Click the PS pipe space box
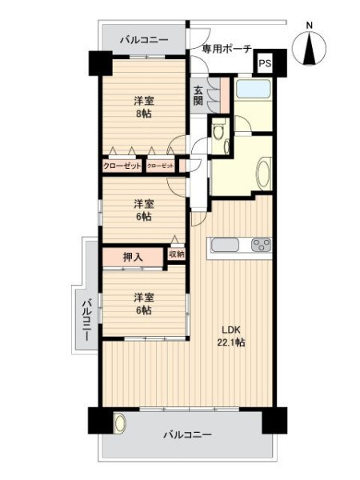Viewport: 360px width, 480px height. [265, 64]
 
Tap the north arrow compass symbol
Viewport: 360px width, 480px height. [309, 49]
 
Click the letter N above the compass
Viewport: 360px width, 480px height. [310, 26]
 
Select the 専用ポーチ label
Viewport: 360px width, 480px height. [227, 49]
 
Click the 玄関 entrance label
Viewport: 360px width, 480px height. [198, 95]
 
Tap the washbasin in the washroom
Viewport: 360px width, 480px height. [264, 174]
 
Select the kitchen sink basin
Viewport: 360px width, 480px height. [225, 245]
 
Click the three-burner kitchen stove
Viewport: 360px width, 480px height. [261, 245]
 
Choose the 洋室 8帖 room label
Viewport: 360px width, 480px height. [143, 107]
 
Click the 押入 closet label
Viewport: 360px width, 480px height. [133, 257]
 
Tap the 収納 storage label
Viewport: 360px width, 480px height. [177, 254]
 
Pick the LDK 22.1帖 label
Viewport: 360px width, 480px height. [231, 336]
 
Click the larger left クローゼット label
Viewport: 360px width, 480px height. [122, 166]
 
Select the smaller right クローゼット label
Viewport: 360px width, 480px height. [161, 166]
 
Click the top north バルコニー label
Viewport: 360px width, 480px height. [144, 40]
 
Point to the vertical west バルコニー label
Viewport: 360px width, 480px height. [87, 320]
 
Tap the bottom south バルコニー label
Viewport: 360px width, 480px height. [187, 434]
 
